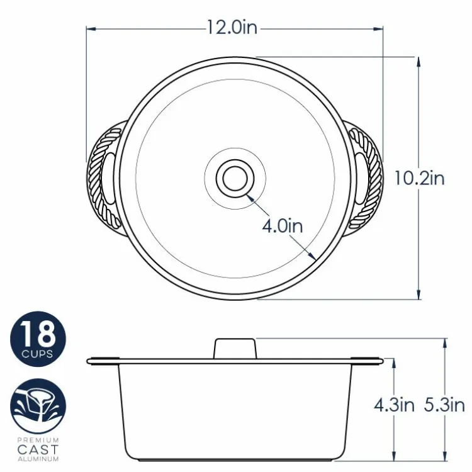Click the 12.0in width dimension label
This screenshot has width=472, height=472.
[x=232, y=28]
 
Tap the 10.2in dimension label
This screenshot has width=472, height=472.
[x=419, y=178]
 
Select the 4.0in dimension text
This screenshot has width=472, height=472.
[x=283, y=226]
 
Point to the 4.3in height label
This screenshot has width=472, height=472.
[x=394, y=405]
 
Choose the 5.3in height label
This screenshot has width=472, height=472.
[x=444, y=405]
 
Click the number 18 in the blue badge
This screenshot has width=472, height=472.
[x=38, y=334]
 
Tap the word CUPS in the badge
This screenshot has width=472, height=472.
[x=37, y=354]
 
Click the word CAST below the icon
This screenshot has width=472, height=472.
[x=38, y=449]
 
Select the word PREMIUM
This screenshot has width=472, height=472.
[x=38, y=440]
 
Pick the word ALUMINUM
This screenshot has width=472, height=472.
[x=38, y=459]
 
